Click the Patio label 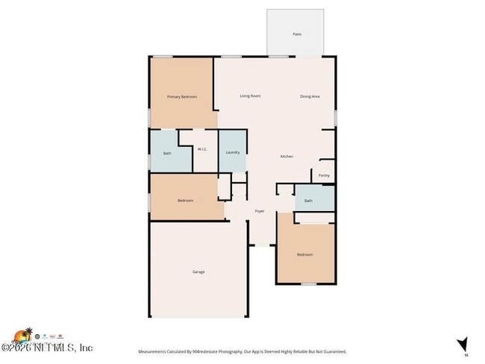coord(296,34)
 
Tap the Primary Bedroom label coord(181,96)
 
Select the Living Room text coord(250,96)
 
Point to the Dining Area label coord(310,96)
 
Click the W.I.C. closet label coord(202,149)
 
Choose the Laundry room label coord(232,152)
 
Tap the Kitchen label coord(286,156)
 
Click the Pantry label coord(324,175)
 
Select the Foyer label coord(260,211)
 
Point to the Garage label coord(198,272)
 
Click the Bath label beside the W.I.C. coord(167,154)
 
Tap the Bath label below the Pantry coord(308,200)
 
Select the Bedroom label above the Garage coord(185,200)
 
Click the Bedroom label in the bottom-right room coord(304,254)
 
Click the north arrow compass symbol coord(463,344)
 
